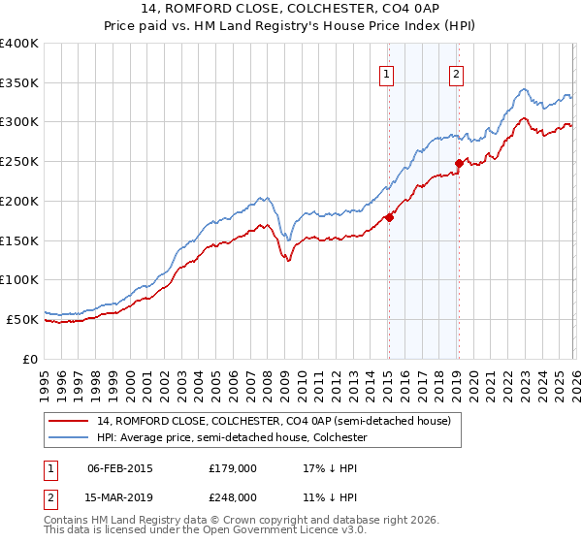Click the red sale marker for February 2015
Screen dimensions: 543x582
point(389,217)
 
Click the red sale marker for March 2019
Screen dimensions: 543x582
point(459,163)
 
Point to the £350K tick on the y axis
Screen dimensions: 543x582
point(19,83)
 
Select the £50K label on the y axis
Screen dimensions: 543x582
point(22,319)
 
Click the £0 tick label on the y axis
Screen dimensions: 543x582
point(30,359)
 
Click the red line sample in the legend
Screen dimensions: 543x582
point(69,422)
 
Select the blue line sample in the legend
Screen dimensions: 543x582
point(69,438)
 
